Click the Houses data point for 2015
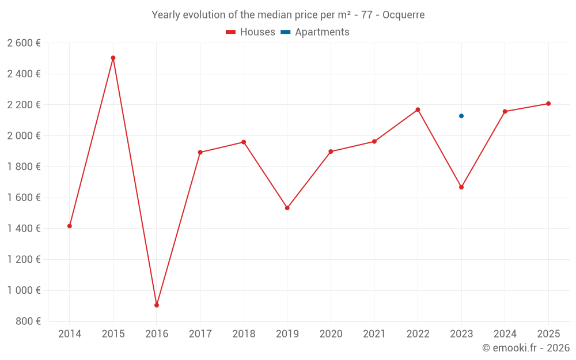coord(113,58)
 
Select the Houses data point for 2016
coord(157,305)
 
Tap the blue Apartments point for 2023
coord(461,116)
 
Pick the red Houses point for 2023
coord(461,187)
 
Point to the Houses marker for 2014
coord(70,226)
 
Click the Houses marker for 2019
coord(287,208)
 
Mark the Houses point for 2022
coord(418,109)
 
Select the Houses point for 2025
coord(548,104)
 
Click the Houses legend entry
coord(251,32)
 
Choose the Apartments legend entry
coord(315,32)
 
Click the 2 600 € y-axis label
coord(24,43)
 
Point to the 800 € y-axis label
coord(28,321)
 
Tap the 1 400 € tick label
coord(24,229)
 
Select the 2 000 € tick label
coord(24,136)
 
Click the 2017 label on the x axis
coord(200,334)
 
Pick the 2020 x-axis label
coord(331,334)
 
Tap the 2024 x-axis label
coord(505,334)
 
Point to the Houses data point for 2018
coord(244,142)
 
